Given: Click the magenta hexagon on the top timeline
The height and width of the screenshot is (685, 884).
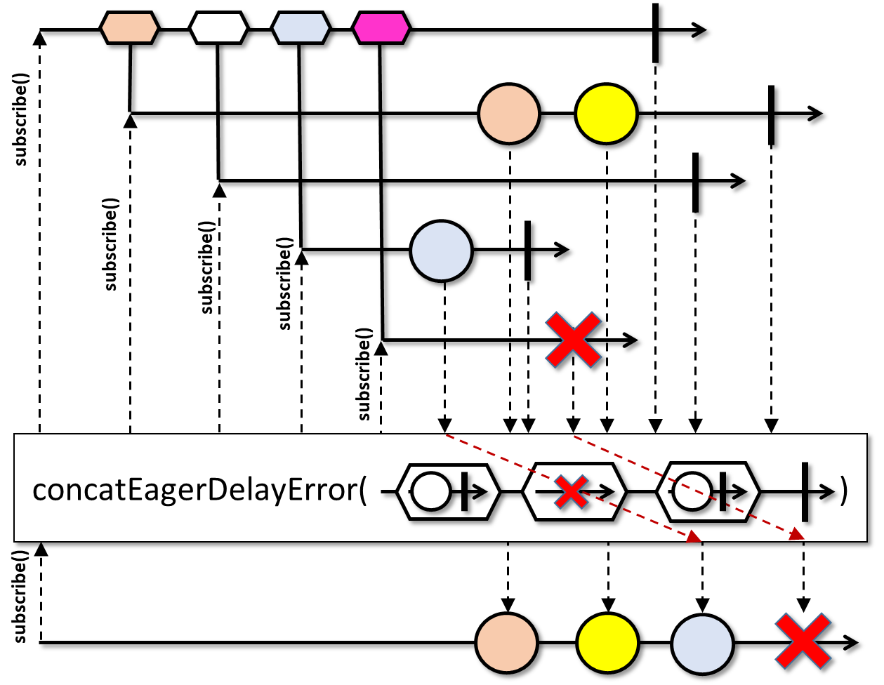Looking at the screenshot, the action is [381, 27].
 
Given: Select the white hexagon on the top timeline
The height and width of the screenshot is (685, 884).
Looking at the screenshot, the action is [218, 27].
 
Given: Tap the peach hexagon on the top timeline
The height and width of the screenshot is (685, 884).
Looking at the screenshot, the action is [129, 27].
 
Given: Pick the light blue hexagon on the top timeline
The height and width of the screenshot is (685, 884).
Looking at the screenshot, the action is [301, 27].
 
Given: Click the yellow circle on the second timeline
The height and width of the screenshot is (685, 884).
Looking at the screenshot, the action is [606, 114].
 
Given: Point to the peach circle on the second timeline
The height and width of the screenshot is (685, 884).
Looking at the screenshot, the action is [509, 114].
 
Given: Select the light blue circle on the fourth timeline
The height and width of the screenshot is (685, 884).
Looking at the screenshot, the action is [442, 251].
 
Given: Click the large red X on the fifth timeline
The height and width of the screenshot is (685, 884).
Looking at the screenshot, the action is [573, 340].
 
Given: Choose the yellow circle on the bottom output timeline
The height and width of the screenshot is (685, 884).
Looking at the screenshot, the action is [608, 643].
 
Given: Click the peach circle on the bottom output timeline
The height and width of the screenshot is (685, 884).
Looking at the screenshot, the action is [507, 643].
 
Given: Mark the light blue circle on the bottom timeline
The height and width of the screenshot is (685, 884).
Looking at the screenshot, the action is [703, 644].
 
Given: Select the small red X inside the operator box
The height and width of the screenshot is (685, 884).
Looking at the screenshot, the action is [572, 491].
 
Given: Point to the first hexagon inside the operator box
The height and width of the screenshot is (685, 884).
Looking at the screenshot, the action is [448, 491].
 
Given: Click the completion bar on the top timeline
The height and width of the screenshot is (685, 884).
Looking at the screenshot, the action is [655, 32].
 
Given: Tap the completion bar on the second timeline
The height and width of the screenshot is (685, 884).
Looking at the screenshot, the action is [771, 115].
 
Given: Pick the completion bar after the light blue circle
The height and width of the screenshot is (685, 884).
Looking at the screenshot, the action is [527, 251].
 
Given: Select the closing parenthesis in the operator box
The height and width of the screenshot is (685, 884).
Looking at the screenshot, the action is [844, 491].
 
